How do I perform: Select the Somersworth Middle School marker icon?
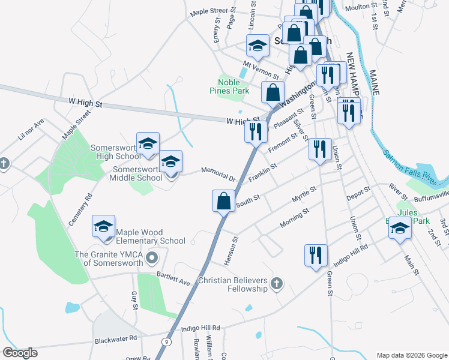coord(170,161)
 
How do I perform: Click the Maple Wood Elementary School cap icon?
coord(103,227)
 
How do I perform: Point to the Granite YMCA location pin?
coord(152,259)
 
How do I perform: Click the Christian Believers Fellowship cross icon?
coord(276,283)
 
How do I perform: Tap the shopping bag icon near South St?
coord(223,200)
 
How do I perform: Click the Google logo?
coord(20,353)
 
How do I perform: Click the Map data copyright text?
coord(412,355)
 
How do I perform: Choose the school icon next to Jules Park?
coord(400,227)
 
